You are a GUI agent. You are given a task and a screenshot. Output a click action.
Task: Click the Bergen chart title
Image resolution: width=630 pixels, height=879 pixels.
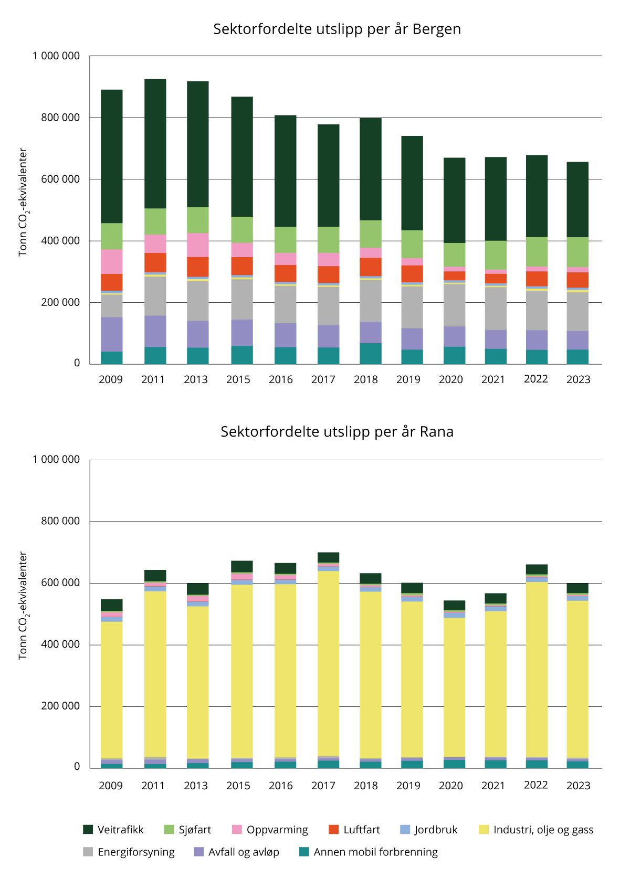click(x=337, y=29)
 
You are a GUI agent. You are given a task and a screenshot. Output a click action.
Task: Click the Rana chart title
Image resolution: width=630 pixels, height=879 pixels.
click(x=337, y=432)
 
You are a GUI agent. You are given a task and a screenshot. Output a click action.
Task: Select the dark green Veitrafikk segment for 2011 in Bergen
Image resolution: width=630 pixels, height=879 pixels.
click(x=155, y=144)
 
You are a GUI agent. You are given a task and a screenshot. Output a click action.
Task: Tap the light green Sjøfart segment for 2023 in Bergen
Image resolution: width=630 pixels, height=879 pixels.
click(x=577, y=252)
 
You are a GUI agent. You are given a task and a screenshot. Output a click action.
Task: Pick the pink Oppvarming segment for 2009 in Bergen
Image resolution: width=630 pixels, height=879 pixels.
click(x=112, y=261)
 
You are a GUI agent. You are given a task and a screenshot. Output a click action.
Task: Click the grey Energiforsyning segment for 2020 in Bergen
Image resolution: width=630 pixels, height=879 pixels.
click(x=454, y=305)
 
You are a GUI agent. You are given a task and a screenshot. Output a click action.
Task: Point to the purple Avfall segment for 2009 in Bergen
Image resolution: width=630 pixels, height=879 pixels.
click(x=112, y=334)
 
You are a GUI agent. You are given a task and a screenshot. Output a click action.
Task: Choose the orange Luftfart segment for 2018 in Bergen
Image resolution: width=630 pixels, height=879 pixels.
click(x=371, y=267)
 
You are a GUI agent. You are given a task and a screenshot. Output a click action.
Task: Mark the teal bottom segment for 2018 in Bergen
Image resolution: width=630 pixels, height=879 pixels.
click(x=371, y=354)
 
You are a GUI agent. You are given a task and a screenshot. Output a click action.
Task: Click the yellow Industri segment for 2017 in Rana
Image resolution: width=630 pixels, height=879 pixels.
click(x=328, y=663)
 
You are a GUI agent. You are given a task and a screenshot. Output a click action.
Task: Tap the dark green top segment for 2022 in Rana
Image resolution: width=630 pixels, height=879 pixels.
click(x=537, y=569)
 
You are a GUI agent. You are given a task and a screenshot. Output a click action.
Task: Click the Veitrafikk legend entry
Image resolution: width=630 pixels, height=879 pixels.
click(x=113, y=830)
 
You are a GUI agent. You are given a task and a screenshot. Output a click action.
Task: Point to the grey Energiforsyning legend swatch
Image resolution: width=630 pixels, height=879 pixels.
click(x=88, y=852)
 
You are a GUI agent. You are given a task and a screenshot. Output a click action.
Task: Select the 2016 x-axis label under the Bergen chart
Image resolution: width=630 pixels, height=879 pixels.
click(x=281, y=379)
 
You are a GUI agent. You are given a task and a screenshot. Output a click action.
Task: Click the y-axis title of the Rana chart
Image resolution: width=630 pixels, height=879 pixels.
click(x=23, y=605)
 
